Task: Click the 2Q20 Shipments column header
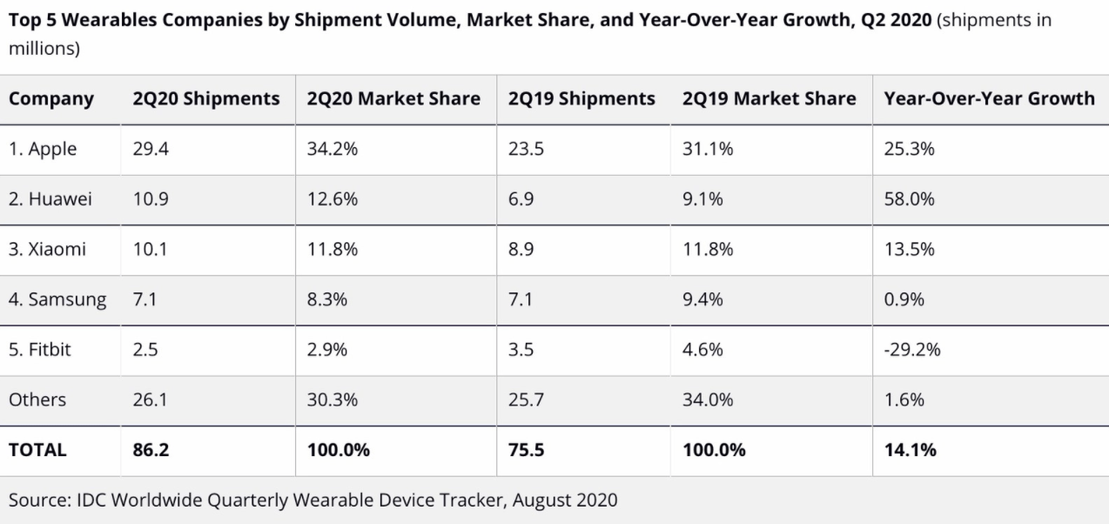205,98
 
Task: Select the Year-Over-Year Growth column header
989,98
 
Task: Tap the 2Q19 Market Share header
770,98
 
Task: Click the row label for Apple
43,149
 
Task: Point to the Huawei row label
50,198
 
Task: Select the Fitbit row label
40,350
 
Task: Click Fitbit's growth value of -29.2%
911,350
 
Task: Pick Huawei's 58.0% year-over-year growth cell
909,198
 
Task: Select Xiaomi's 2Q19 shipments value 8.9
521,250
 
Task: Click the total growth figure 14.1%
910,451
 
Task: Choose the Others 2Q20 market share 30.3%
333,400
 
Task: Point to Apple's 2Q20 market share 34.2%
333,149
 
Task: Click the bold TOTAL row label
37,451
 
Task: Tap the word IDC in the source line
88,500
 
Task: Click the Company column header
51,98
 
